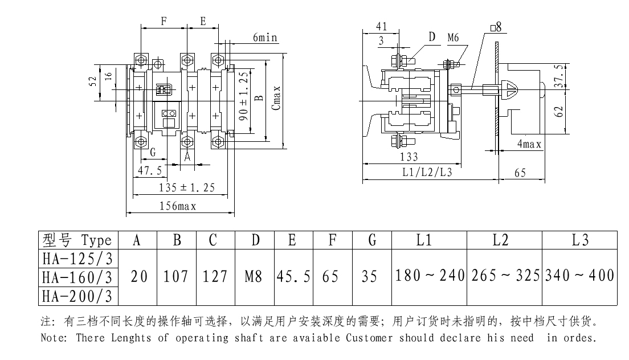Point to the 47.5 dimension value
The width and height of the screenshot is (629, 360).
[x=149, y=170]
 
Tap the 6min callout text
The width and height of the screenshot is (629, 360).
[x=265, y=38]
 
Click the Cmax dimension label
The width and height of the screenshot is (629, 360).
[x=276, y=99]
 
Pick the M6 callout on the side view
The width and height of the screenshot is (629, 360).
[x=454, y=38]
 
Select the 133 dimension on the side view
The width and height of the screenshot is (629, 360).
[x=409, y=157]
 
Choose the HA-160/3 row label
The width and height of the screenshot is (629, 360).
[x=77, y=277]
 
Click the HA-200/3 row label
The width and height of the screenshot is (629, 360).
[x=77, y=296]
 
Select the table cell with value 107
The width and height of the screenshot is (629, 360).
[x=177, y=277]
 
